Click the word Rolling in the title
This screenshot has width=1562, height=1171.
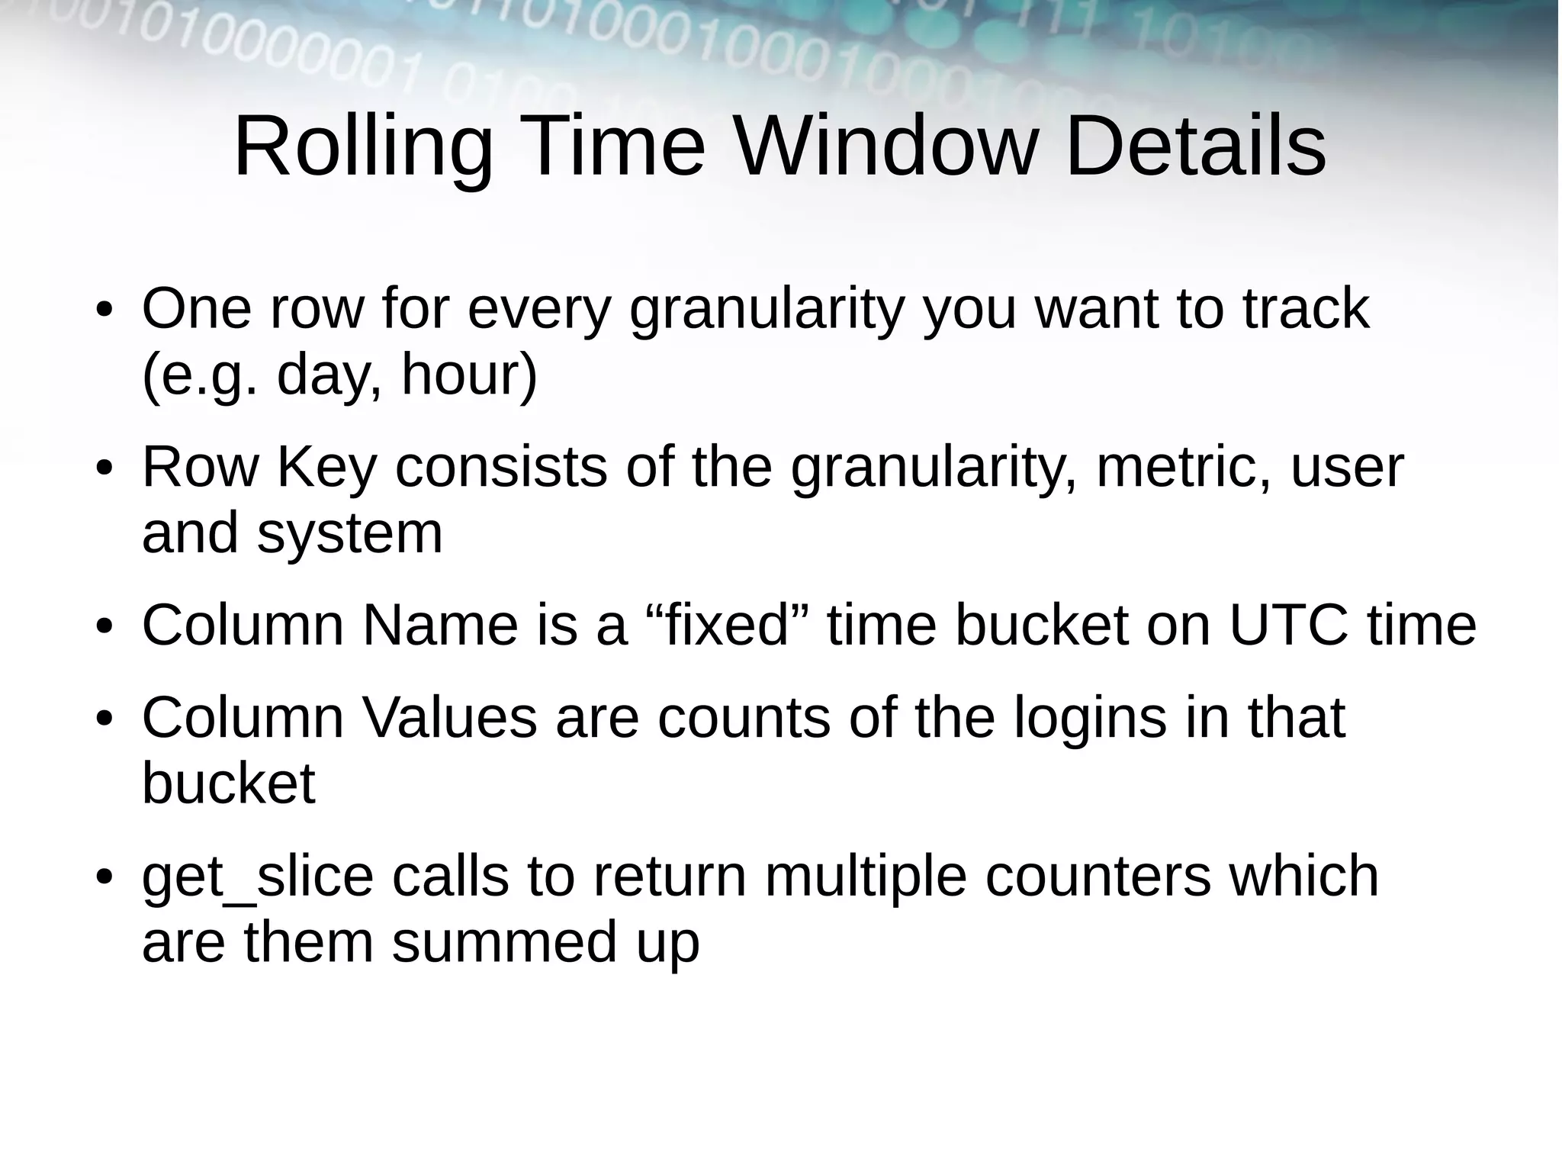point(363,146)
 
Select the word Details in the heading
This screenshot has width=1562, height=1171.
point(1195,146)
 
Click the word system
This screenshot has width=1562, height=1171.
point(349,533)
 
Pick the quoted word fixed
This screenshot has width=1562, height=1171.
point(727,625)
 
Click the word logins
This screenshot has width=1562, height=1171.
point(1090,719)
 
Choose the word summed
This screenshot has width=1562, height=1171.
point(503,942)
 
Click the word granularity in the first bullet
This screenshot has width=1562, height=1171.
point(767,310)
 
